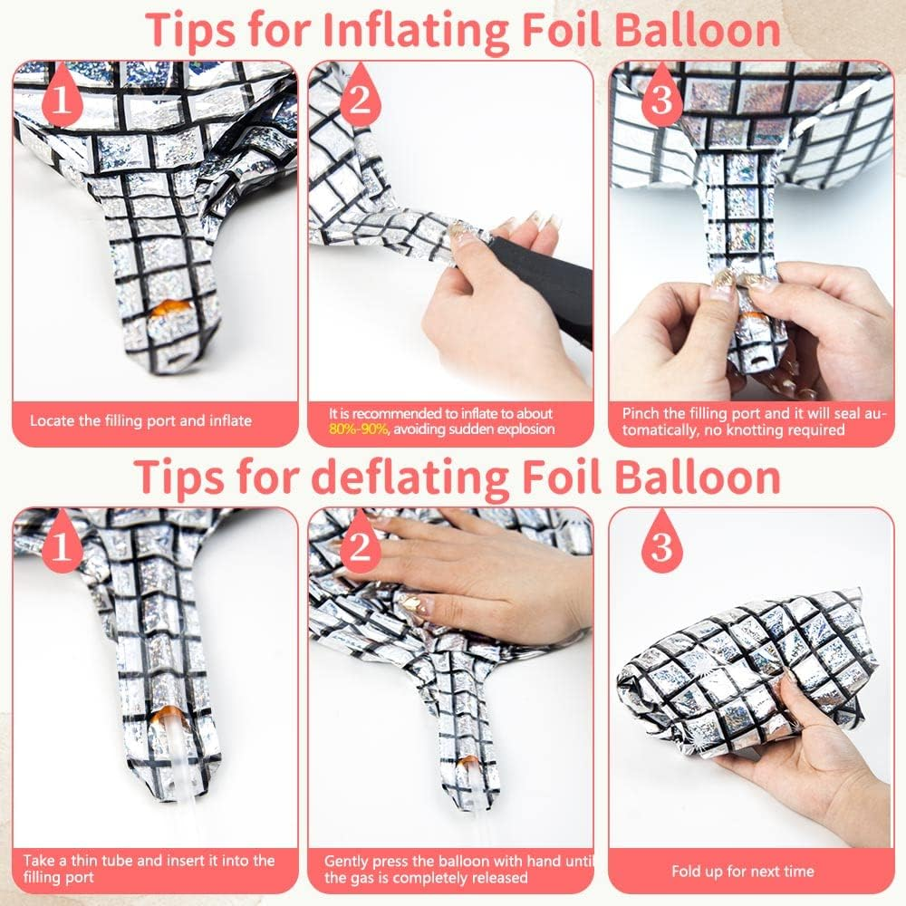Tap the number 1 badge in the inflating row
[62, 96]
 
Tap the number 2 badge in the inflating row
[360, 96]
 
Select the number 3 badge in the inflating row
[661, 96]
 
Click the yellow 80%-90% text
[358, 429]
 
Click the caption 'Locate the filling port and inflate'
[141, 420]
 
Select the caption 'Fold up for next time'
[743, 872]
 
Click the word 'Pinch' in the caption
[640, 413]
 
